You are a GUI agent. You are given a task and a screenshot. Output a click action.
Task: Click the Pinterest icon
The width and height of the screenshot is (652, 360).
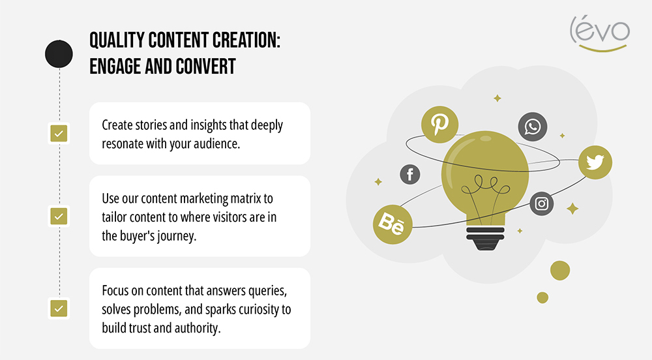(439, 124)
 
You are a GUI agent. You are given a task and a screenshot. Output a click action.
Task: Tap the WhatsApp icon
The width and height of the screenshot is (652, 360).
(533, 127)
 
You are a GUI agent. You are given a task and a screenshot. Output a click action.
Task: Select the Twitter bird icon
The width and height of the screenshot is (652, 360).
(595, 161)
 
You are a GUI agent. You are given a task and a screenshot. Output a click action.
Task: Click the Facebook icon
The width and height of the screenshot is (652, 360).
(410, 174)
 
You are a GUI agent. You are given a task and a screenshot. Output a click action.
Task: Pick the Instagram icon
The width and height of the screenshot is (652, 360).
(541, 204)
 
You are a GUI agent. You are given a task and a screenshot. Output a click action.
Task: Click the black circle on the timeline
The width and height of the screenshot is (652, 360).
(59, 53)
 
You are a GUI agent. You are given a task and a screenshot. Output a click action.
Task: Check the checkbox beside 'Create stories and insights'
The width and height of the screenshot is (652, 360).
(59, 134)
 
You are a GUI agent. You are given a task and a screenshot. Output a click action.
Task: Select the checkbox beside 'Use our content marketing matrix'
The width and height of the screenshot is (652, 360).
(59, 216)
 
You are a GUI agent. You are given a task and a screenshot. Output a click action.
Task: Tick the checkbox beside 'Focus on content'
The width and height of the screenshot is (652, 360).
(59, 308)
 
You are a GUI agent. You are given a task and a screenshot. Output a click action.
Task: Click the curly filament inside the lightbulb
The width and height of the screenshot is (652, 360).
(483, 192)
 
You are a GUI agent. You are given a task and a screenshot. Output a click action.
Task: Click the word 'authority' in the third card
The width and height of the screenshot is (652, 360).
(198, 327)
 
